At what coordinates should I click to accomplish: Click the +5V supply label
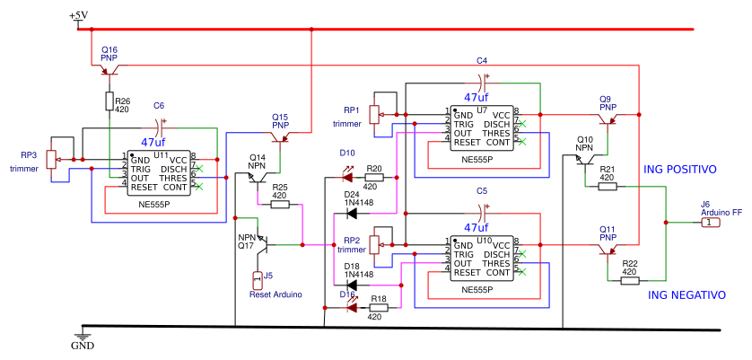[79, 16]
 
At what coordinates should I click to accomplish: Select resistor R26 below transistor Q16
[109, 101]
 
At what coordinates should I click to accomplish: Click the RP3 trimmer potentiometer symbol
[51, 159]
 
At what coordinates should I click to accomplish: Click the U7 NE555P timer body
[481, 127]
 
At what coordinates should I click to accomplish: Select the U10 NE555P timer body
[481, 258]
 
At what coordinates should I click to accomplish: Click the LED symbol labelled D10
[350, 178]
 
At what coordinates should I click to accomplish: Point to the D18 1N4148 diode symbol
[352, 285]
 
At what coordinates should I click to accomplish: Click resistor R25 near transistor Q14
[279, 205]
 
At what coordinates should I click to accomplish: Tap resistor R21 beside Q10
[608, 187]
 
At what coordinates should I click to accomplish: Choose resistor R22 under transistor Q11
[629, 280]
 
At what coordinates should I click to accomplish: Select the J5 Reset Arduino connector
[258, 278]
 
